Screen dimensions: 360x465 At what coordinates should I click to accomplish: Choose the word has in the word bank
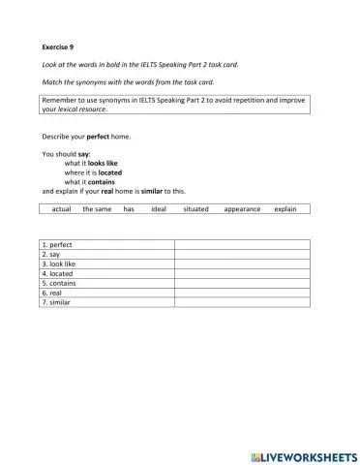tap(129, 208)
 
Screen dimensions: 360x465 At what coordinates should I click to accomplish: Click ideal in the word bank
tap(159, 208)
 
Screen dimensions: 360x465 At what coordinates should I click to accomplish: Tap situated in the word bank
tap(195, 208)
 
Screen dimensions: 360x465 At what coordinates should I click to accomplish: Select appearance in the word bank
tap(242, 208)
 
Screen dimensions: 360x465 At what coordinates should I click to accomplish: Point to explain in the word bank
tap(285, 208)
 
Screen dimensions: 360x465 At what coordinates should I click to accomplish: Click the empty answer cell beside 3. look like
tap(241, 264)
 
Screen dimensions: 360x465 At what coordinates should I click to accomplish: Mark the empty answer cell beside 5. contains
tap(241, 284)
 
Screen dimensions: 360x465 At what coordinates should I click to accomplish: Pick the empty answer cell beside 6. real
tap(241, 294)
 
